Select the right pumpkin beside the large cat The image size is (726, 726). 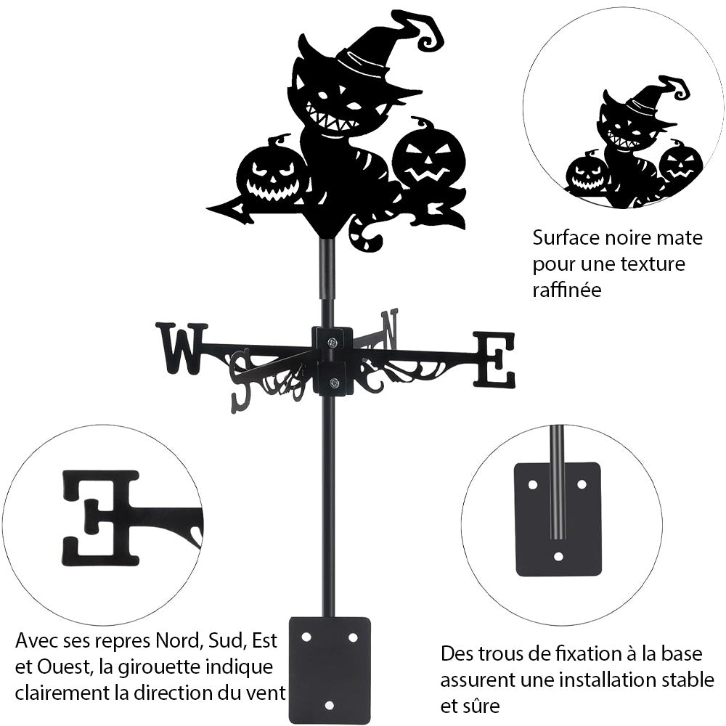pyautogui.click(x=428, y=158)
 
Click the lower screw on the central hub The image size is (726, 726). pyautogui.click(x=333, y=383)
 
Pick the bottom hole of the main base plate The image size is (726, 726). pyautogui.click(x=329, y=704)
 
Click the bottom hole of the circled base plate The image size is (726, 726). pyautogui.click(x=558, y=557)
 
